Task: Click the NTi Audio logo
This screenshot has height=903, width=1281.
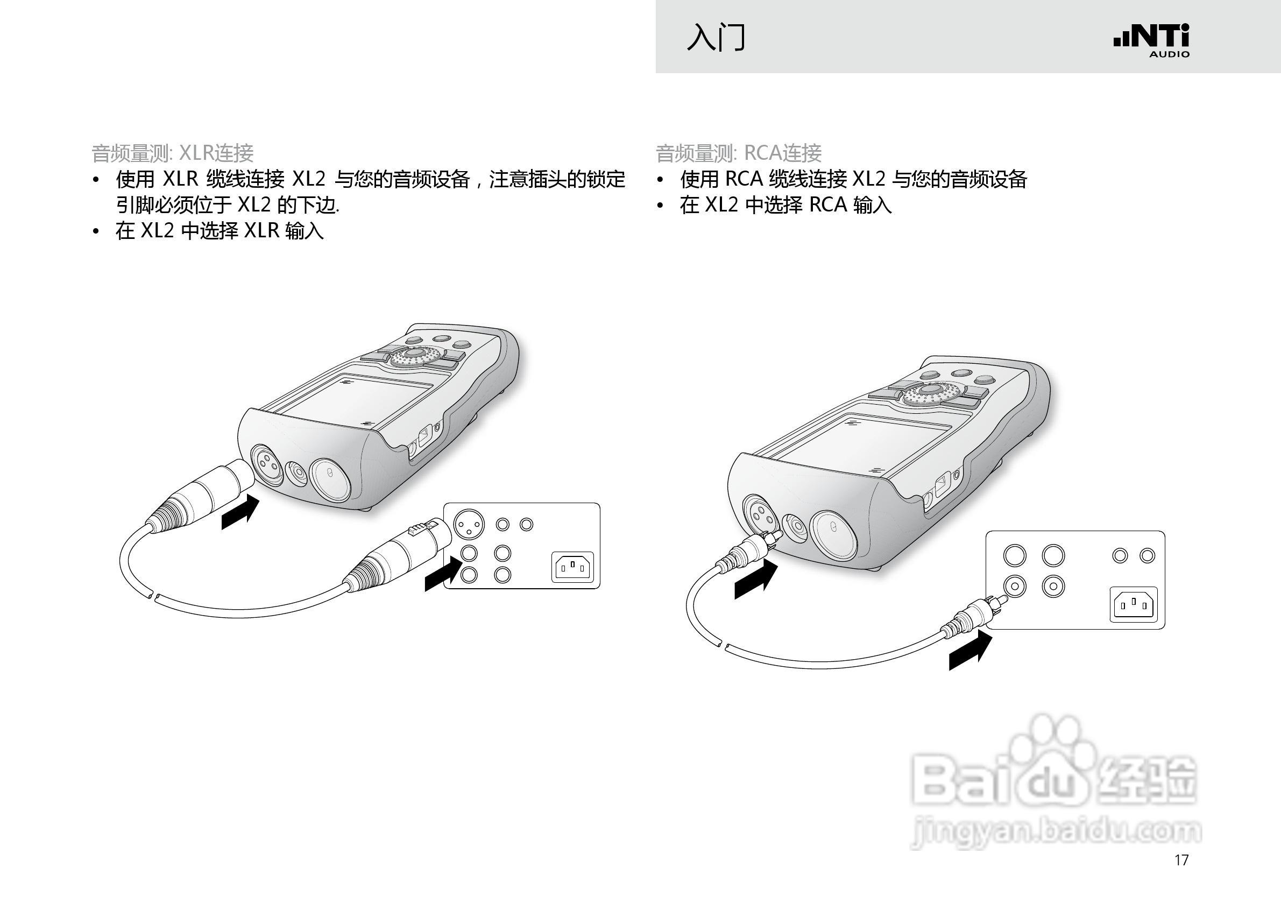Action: (1151, 40)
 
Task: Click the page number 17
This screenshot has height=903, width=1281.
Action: (1181, 860)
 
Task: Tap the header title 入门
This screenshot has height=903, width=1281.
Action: (716, 38)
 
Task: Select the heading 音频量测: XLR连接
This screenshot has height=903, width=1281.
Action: (172, 153)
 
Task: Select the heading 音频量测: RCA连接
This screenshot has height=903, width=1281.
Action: (738, 153)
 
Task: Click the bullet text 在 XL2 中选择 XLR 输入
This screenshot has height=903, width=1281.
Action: (220, 230)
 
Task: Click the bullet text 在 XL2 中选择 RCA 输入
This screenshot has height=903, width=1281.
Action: (785, 205)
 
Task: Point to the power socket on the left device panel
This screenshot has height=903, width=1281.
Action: (572, 568)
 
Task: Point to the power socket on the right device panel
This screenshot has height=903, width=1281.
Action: (1134, 604)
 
